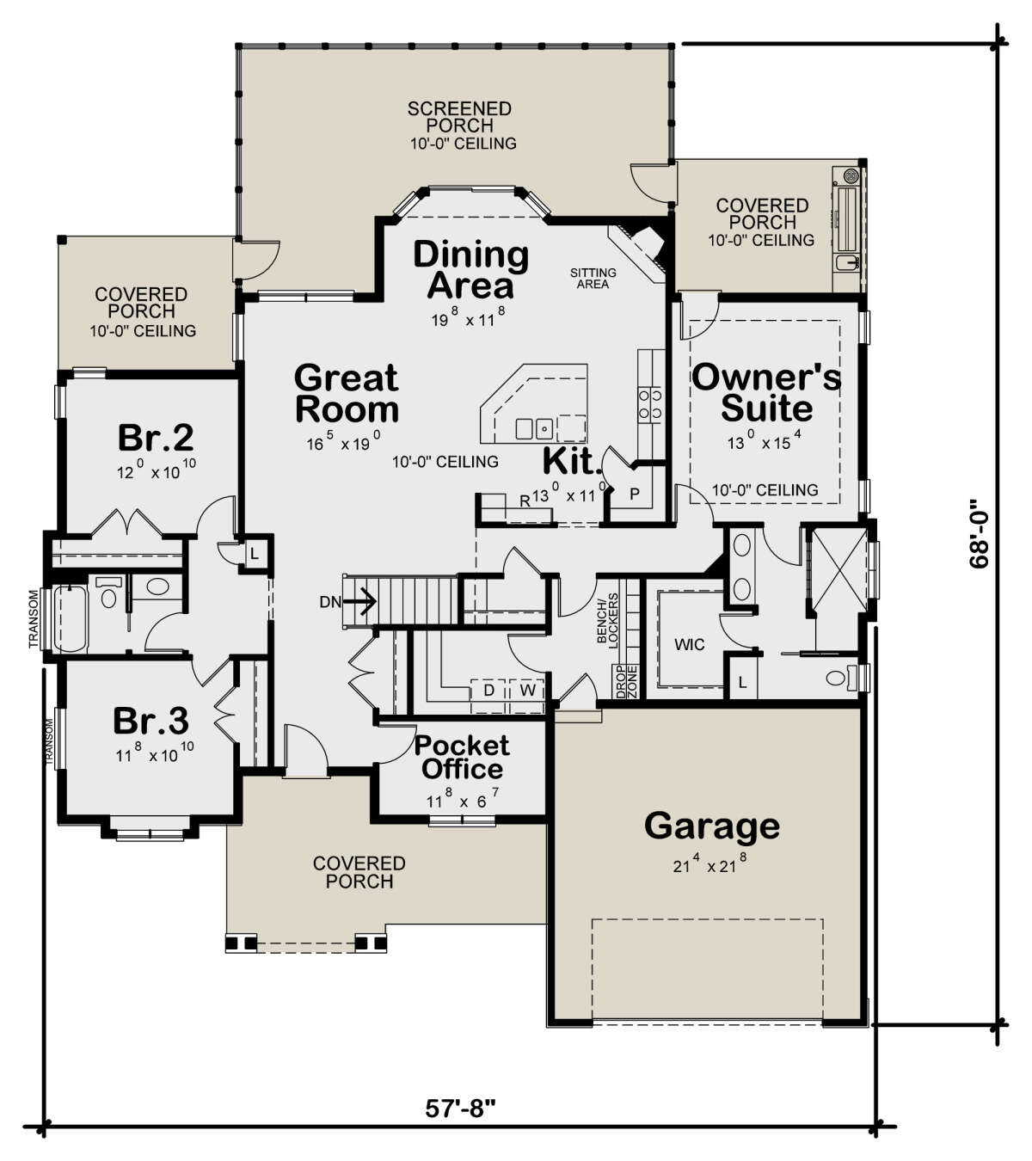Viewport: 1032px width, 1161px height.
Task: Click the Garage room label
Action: pyautogui.click(x=712, y=827)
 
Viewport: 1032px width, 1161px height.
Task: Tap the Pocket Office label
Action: pyautogui.click(x=462, y=757)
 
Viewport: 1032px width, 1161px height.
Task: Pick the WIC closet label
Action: pyautogui.click(x=690, y=645)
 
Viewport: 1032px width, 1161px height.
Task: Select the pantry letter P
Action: pyautogui.click(x=635, y=494)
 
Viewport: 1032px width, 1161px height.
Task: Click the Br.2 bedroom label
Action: pyautogui.click(x=156, y=437)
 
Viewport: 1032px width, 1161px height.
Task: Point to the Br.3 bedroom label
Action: pyautogui.click(x=150, y=721)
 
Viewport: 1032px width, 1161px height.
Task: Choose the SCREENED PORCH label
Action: pyautogui.click(x=459, y=117)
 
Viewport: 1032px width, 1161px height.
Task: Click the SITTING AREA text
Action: pyautogui.click(x=593, y=278)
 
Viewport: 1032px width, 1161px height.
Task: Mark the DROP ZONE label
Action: pyautogui.click(x=627, y=681)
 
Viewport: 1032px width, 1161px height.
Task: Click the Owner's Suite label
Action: pyautogui.click(x=767, y=393)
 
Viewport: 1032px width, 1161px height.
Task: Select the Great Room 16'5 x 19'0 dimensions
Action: pyautogui.click(x=343, y=441)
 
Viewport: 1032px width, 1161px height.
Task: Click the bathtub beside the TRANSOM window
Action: pyautogui.click(x=71, y=618)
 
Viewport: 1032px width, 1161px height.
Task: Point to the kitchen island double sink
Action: pyautogui.click(x=533, y=427)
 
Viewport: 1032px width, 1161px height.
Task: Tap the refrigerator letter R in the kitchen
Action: pyautogui.click(x=525, y=501)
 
